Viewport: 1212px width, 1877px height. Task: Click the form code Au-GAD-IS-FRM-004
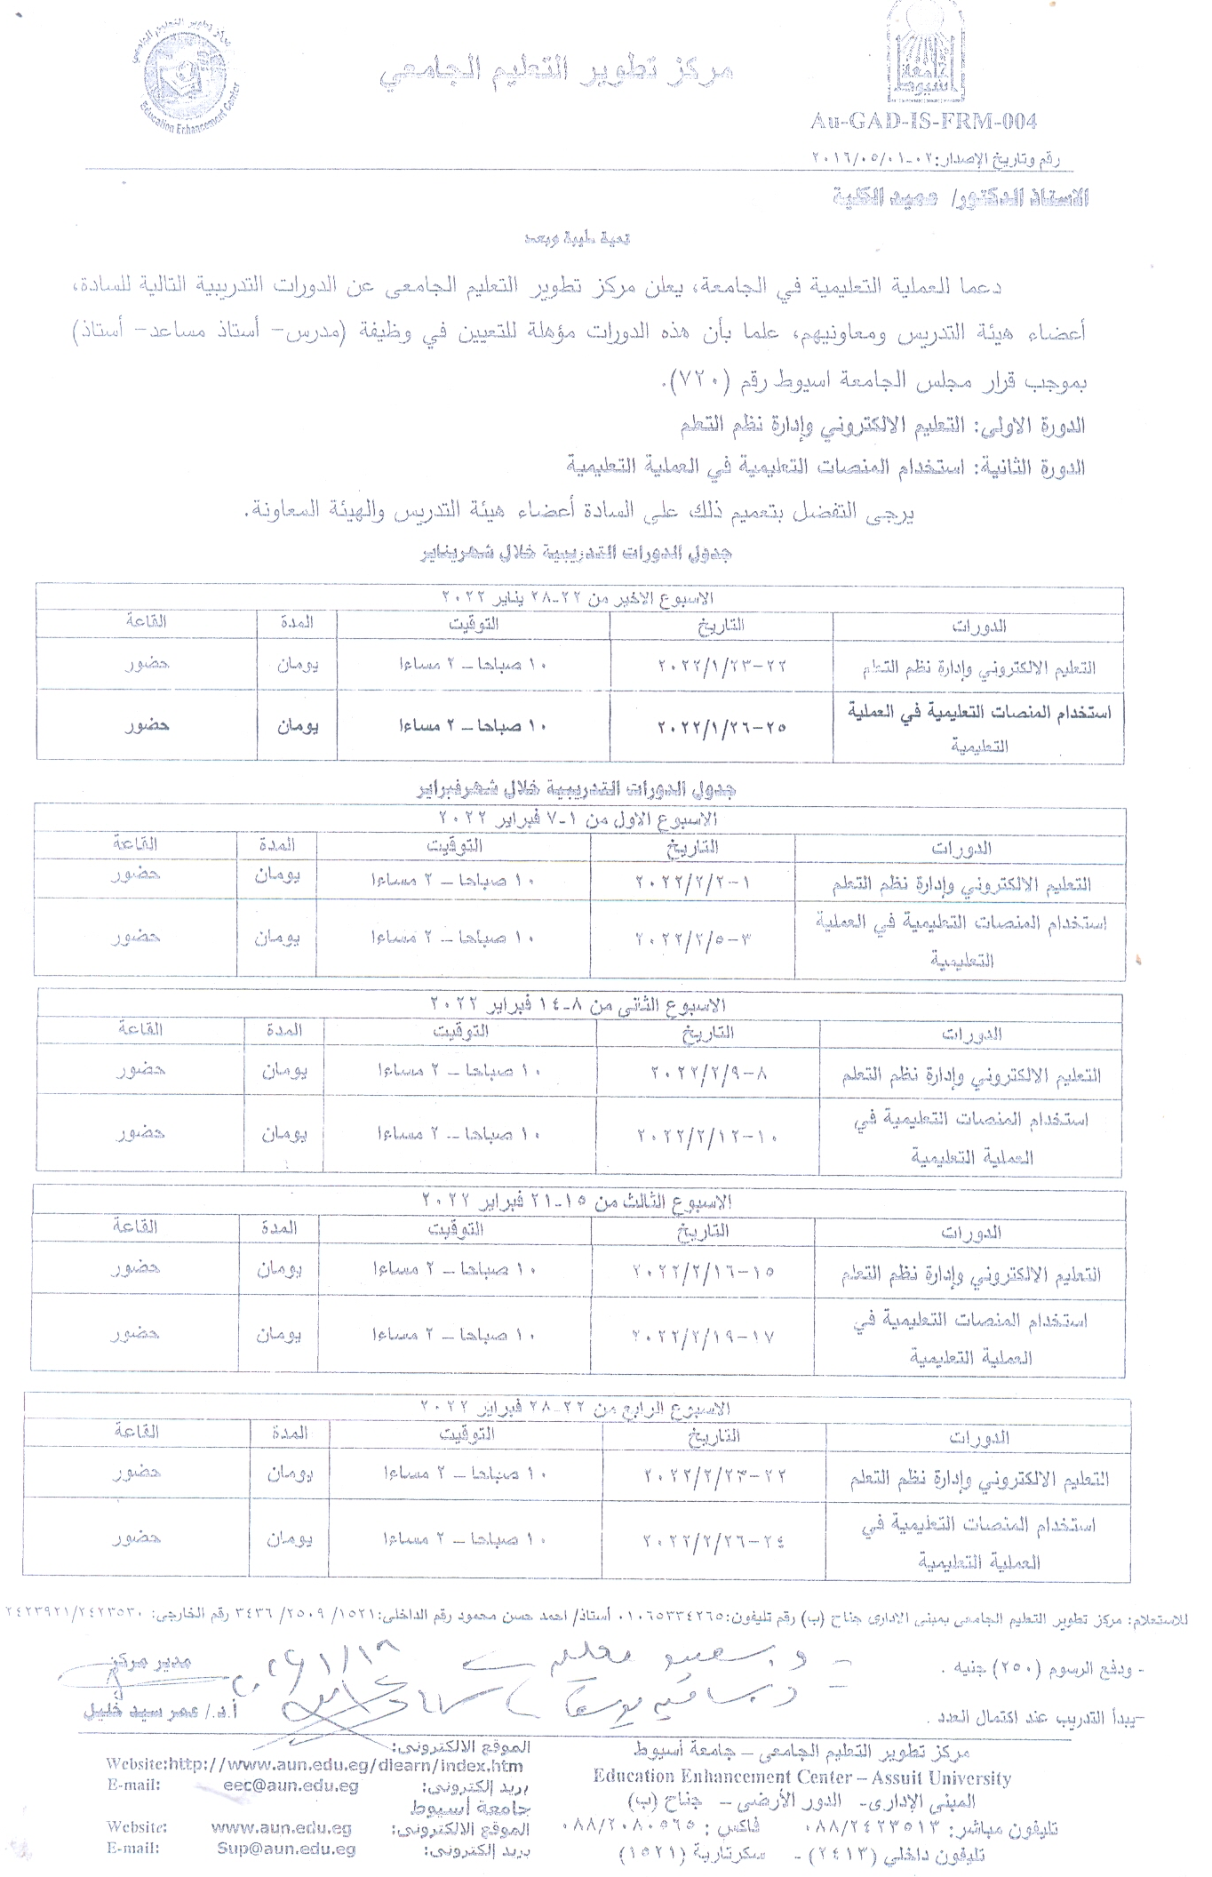(x=923, y=121)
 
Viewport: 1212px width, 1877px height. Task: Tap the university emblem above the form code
(x=925, y=53)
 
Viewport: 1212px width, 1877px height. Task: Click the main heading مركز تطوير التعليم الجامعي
(x=557, y=74)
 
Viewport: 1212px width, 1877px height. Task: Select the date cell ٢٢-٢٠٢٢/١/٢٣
(x=722, y=666)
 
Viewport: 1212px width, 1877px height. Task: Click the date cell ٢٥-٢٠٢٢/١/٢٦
(x=722, y=726)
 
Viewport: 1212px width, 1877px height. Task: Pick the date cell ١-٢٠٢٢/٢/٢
(x=693, y=883)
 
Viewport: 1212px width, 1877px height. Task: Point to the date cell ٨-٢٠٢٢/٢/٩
(x=708, y=1073)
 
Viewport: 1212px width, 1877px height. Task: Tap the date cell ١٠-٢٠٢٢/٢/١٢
(x=708, y=1136)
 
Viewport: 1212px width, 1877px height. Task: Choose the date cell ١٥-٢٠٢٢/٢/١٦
(x=703, y=1271)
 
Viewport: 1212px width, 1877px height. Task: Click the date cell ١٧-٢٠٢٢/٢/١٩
(x=703, y=1335)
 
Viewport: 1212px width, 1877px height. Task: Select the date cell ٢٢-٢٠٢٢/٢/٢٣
(x=714, y=1475)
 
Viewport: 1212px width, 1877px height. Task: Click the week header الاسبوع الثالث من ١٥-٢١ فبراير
(x=576, y=1202)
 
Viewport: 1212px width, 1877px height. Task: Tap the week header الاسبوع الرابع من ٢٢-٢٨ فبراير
(x=575, y=1408)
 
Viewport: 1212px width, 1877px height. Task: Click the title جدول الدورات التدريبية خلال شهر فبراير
(x=577, y=788)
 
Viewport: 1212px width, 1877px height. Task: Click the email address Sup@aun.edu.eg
(x=286, y=1849)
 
